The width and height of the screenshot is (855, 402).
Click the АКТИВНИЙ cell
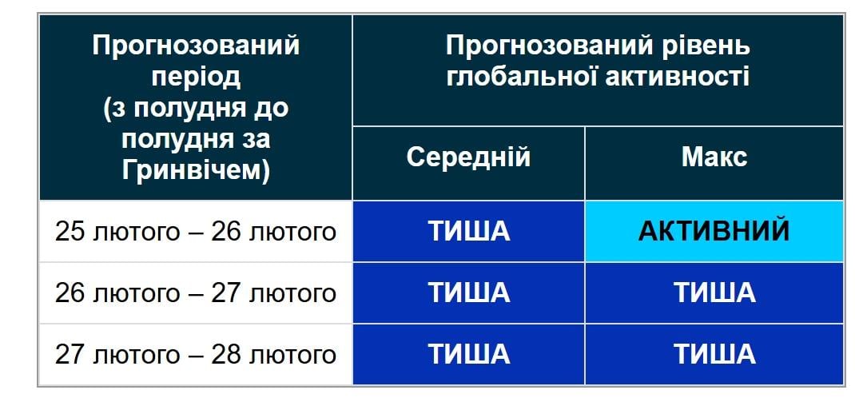[x=714, y=231]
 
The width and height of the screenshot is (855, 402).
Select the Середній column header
[x=468, y=157]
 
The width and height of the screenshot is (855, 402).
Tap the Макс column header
[x=714, y=157]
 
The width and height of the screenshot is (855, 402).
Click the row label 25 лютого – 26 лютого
[x=195, y=232]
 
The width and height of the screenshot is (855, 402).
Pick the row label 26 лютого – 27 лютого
[x=195, y=293]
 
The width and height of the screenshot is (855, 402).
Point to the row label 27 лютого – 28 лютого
[x=195, y=354]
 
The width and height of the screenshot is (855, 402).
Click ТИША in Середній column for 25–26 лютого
[x=468, y=231]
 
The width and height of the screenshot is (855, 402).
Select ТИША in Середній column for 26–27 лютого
[x=468, y=293]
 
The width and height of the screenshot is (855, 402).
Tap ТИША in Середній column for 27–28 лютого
[x=468, y=354]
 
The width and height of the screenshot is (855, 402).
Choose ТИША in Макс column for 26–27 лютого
[x=714, y=293]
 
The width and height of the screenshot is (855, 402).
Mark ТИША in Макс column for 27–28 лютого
[x=714, y=354]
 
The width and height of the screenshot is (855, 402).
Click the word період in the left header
[x=196, y=77]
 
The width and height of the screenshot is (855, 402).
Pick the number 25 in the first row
[x=70, y=232]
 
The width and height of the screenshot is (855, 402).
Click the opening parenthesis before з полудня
[x=108, y=108]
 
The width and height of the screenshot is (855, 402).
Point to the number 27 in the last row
[x=70, y=354]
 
